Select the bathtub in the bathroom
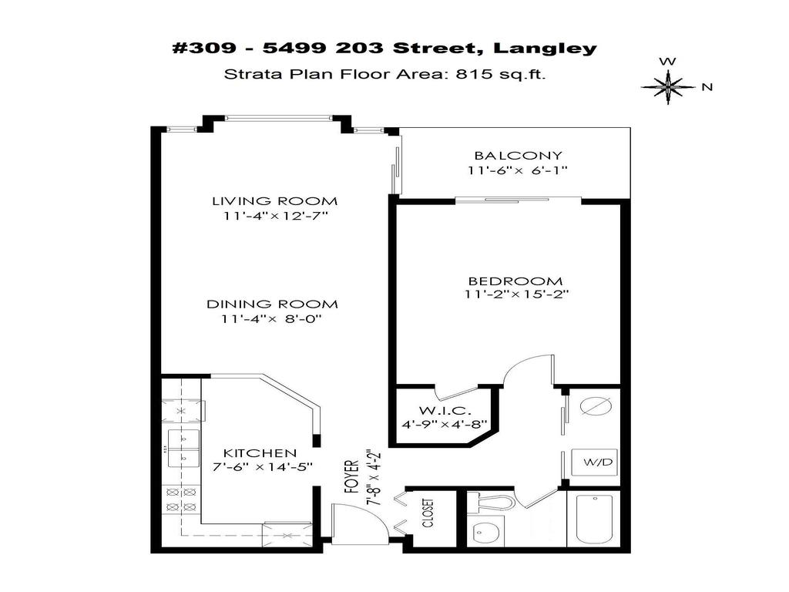pyautogui.click(x=593, y=520)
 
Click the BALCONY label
pyautogui.click(x=518, y=156)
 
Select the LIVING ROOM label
pyautogui.click(x=275, y=201)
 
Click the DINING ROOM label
pyautogui.click(x=271, y=304)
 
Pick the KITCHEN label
pyautogui.click(x=260, y=452)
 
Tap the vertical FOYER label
pyautogui.click(x=352, y=477)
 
